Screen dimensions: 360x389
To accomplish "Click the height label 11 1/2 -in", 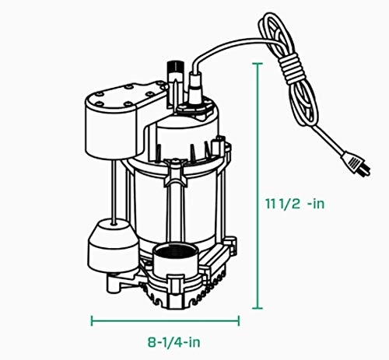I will pos(300,204).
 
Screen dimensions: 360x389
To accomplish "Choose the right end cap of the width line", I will pos(239,319).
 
